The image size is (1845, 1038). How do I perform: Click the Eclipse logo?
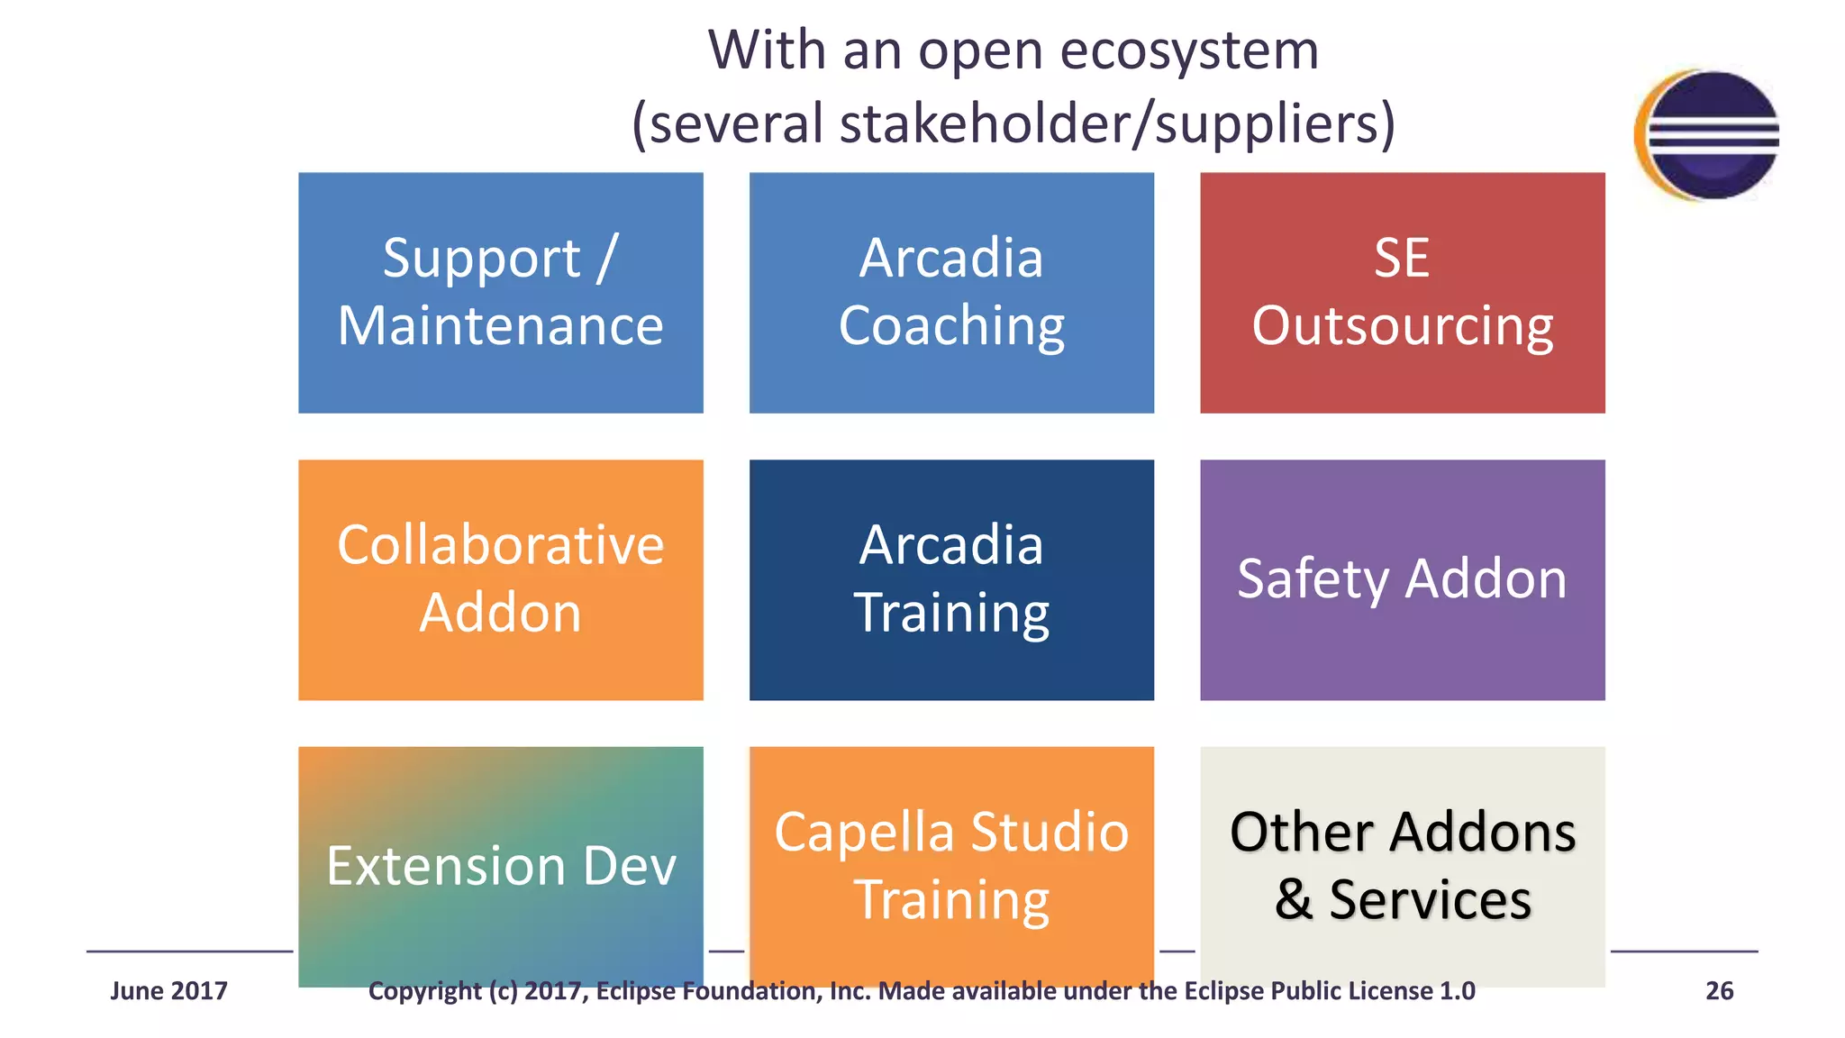tap(1708, 135)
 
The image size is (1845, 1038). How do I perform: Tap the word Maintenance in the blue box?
tap(500, 325)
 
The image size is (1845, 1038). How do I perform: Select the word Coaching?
tap(951, 326)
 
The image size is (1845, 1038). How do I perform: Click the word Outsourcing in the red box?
tap(1402, 326)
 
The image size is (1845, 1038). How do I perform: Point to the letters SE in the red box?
tap(1402, 259)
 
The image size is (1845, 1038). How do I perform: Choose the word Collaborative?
tap(500, 545)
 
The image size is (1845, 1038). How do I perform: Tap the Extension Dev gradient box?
tap(500, 866)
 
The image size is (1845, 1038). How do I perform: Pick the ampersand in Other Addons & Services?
tap(1294, 899)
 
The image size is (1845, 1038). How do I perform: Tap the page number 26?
tap(1719, 991)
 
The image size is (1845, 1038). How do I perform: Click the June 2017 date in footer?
tap(168, 991)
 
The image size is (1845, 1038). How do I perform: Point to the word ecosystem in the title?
tap(1189, 51)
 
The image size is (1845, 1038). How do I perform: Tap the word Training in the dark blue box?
tap(951, 614)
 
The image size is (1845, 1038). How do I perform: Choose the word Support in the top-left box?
tap(481, 259)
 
